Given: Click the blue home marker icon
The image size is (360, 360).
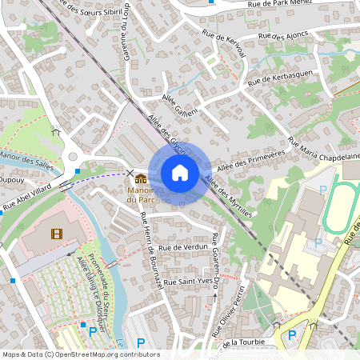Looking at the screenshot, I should [x=179, y=173].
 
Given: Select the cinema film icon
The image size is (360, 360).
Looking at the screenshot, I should [x=55, y=234].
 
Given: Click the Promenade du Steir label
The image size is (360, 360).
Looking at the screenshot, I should [x=105, y=276].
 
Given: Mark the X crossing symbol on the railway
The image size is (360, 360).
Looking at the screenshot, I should [x=130, y=173].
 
